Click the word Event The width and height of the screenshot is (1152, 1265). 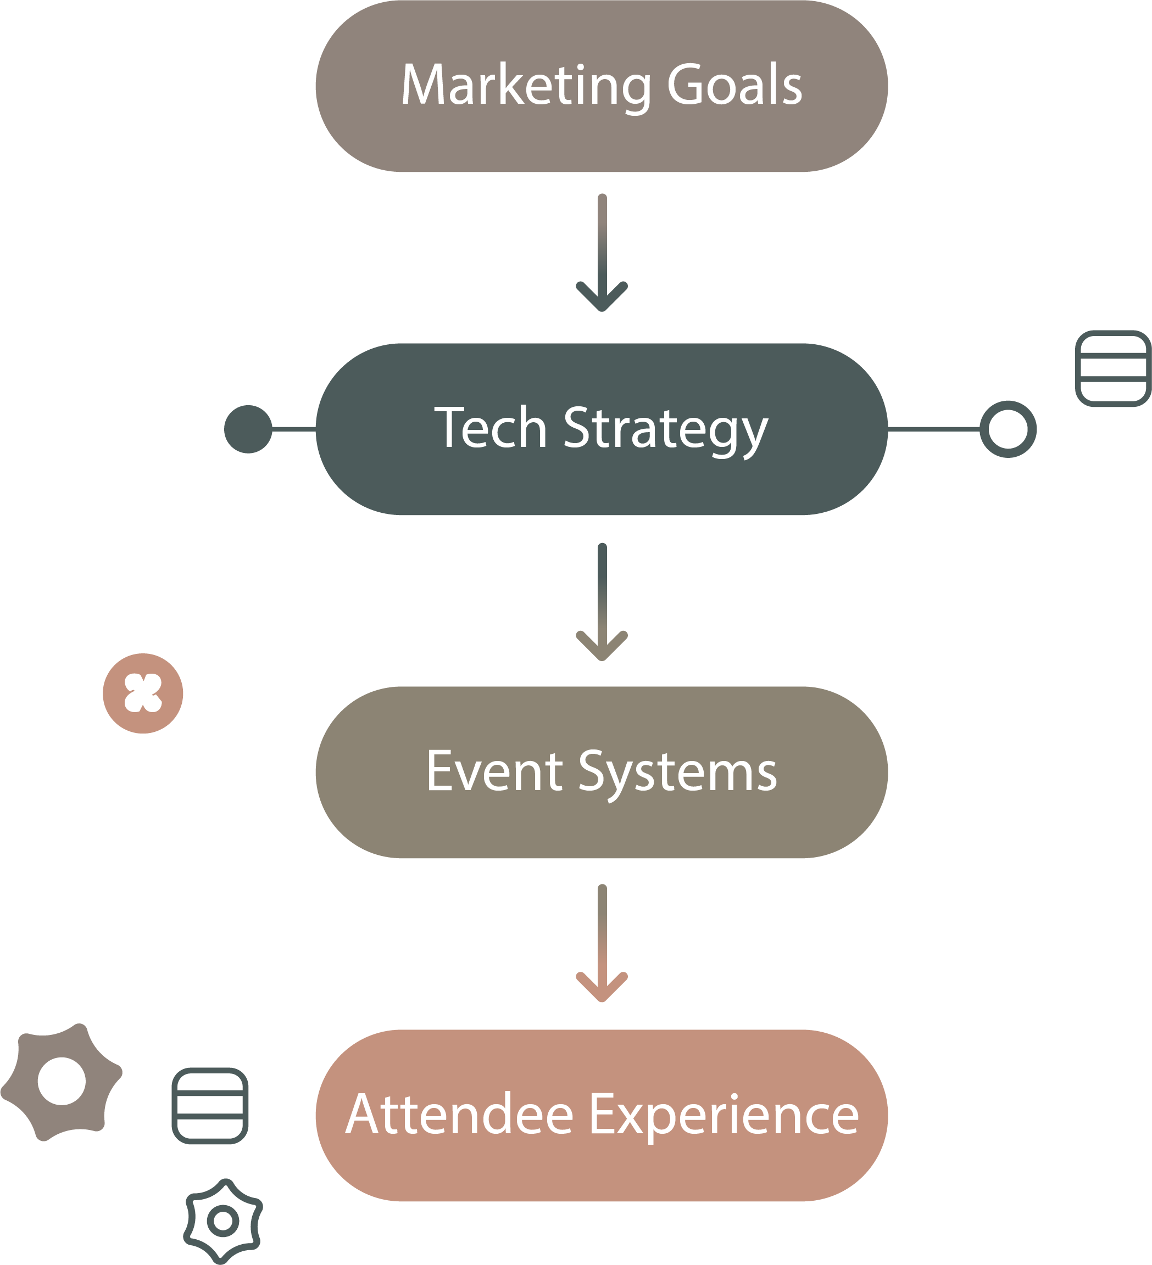494,771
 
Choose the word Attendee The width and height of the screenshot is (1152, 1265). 460,1115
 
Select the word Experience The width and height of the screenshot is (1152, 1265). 724,1116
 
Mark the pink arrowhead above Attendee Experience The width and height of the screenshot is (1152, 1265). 602,985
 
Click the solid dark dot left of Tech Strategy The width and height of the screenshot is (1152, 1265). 248,429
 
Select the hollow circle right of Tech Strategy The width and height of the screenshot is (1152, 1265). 1008,429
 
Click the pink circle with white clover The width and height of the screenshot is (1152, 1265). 143,693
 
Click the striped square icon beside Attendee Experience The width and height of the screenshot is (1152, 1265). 210,1106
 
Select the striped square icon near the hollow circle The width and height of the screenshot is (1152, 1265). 1113,368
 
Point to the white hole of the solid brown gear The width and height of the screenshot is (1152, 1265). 62,1081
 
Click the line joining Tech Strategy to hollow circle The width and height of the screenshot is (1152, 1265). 933,429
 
